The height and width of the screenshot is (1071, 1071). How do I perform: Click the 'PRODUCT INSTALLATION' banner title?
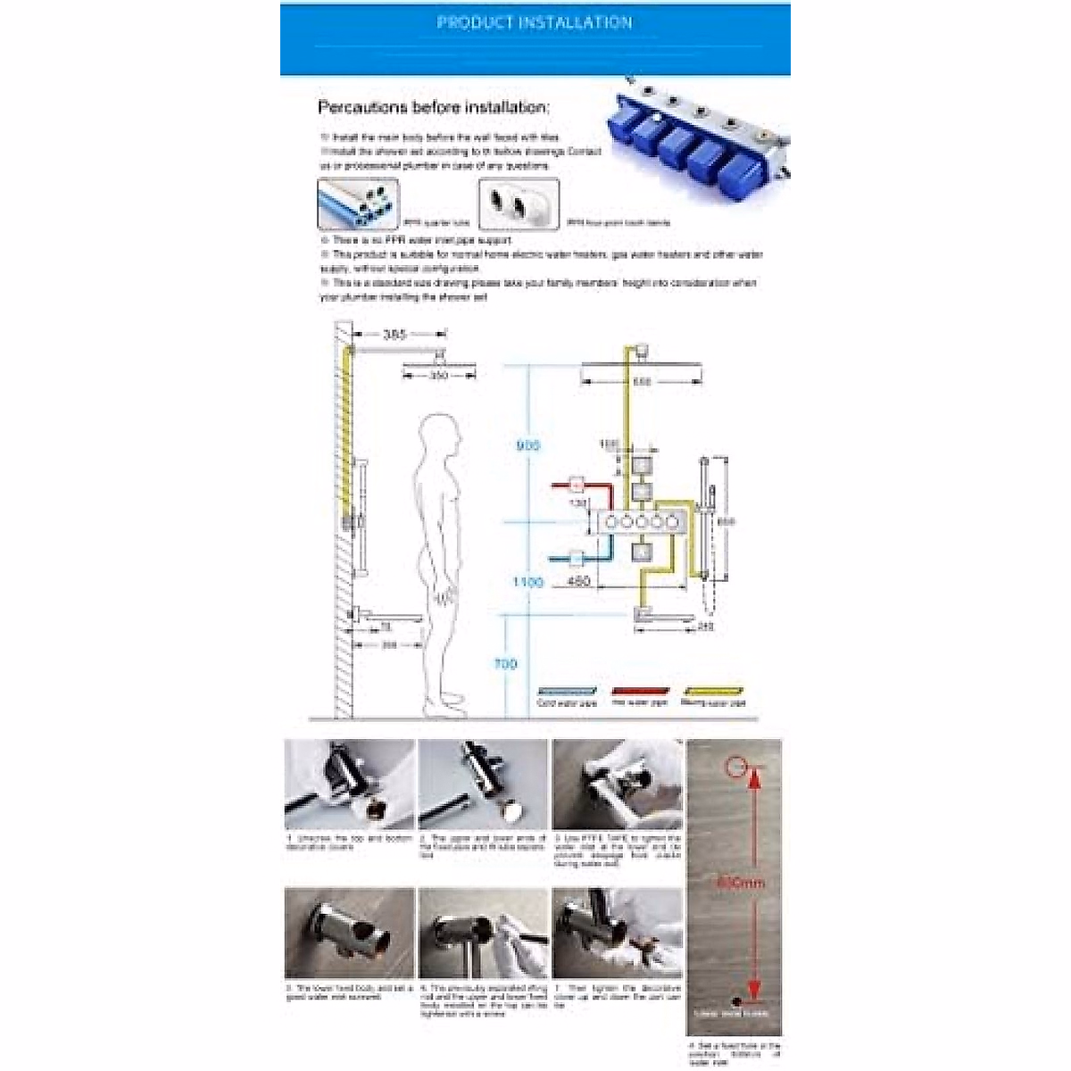point(534,22)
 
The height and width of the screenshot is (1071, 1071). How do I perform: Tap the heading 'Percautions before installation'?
point(434,107)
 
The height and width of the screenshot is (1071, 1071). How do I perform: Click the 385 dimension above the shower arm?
point(394,336)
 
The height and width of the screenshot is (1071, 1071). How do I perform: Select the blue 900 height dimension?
point(528,444)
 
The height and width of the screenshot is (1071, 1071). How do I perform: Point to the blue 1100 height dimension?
point(527,582)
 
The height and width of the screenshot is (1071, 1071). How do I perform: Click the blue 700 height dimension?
point(505,663)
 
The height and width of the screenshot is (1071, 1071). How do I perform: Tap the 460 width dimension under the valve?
point(578,582)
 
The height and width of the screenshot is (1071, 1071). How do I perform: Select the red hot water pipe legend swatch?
point(640,691)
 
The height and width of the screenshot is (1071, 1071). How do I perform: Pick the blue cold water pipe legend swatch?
point(566,691)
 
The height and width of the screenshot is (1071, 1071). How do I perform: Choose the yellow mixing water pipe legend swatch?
point(712,691)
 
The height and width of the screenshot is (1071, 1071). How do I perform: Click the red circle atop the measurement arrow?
point(735,765)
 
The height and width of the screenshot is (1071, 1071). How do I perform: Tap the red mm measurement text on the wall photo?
point(741,883)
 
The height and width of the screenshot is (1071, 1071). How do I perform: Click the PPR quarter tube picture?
point(357,204)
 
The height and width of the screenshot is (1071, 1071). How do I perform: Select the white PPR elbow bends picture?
point(519,204)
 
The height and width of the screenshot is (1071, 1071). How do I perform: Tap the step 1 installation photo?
point(349,784)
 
